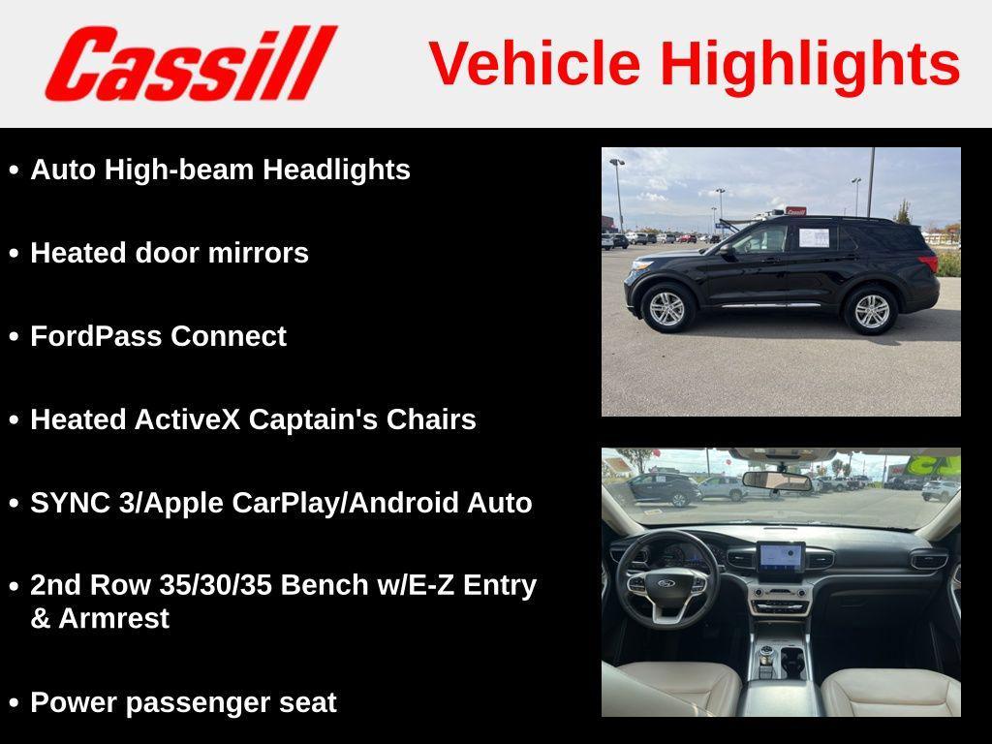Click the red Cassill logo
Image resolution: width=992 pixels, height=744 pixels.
(x=190, y=64)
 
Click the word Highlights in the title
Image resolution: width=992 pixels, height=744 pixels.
(x=810, y=64)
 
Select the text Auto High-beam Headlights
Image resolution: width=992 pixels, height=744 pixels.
(x=220, y=170)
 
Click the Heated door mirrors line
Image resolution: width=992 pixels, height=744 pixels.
(x=170, y=253)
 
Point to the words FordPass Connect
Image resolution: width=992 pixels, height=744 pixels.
(x=158, y=336)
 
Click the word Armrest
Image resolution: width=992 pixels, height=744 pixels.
(x=114, y=618)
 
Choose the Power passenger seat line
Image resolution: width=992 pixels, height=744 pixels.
(x=183, y=702)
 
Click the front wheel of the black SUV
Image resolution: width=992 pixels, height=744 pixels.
(x=666, y=308)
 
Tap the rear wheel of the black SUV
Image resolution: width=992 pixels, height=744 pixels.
(x=871, y=310)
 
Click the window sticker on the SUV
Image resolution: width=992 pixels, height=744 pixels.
(x=814, y=237)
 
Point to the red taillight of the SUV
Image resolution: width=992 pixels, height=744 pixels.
(x=929, y=263)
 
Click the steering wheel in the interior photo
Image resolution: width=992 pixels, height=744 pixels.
(x=666, y=580)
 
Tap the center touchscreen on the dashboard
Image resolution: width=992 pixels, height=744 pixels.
(x=781, y=557)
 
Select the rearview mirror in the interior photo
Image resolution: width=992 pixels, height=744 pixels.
(x=777, y=480)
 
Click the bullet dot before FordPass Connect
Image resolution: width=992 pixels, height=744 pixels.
(x=14, y=336)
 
